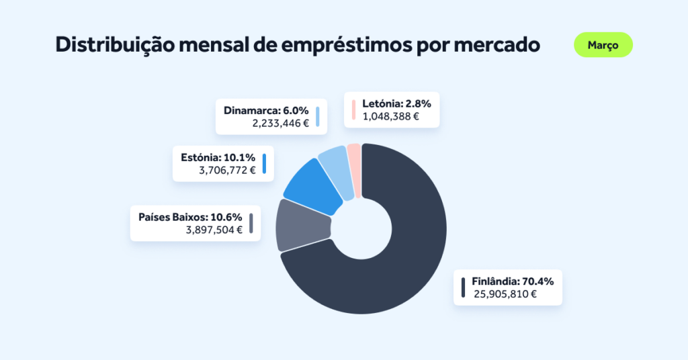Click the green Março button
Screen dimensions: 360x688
click(x=603, y=45)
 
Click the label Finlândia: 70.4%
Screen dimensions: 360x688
click(x=513, y=281)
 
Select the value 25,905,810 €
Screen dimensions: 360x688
click(x=505, y=294)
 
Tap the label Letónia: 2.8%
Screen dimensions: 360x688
click(x=396, y=103)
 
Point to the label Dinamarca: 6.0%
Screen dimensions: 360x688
click(x=266, y=110)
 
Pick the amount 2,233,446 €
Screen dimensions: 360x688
click(x=280, y=123)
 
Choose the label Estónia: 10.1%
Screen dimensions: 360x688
click(x=218, y=157)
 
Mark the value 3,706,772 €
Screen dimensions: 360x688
click(x=227, y=170)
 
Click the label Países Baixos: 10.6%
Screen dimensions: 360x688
click(x=190, y=217)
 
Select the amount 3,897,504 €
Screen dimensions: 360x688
click(x=214, y=230)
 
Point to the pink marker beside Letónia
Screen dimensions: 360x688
click(x=353, y=109)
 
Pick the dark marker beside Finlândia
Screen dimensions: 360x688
click(x=463, y=287)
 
